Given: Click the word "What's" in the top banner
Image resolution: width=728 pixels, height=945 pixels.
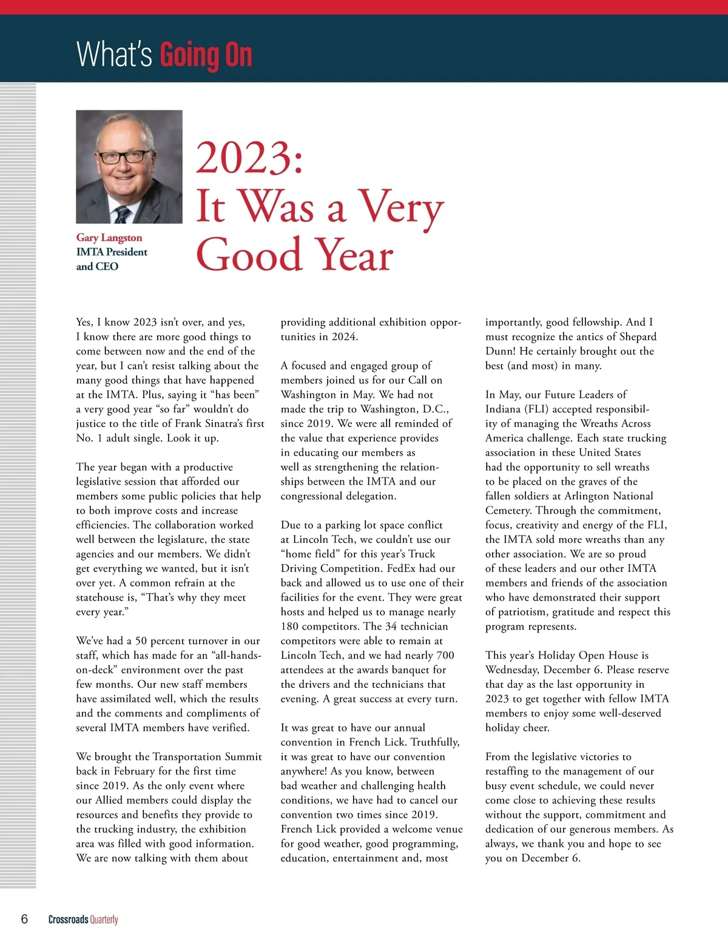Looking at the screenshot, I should (x=114, y=54).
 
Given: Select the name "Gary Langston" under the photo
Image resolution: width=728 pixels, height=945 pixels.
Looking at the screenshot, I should (x=109, y=238).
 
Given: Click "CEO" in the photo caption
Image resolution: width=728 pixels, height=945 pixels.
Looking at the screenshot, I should (x=107, y=266).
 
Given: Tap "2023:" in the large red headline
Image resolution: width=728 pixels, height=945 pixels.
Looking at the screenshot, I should (x=249, y=158).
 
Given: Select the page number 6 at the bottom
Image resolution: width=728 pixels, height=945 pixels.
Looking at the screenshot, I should (x=24, y=919).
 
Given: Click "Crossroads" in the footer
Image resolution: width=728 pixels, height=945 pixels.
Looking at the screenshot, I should (x=68, y=920).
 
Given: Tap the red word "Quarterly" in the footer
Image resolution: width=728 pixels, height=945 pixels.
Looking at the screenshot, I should (x=104, y=920).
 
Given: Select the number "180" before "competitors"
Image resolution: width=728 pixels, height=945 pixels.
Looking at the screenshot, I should (x=290, y=627).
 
